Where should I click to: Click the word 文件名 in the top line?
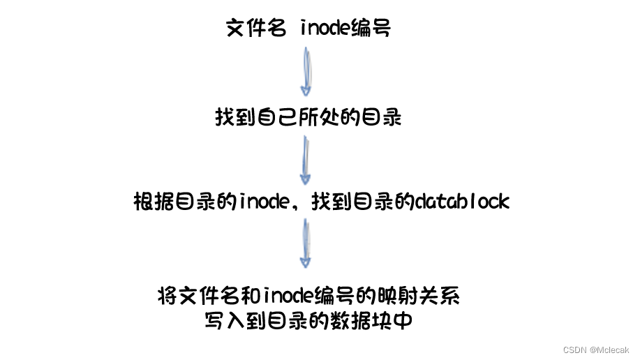[255, 29]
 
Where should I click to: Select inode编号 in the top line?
[345, 29]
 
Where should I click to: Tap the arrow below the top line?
[306, 71]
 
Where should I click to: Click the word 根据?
[154, 202]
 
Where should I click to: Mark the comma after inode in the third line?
[296, 205]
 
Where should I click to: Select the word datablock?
[462, 202]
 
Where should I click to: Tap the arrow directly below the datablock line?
[306, 243]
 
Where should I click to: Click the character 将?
[168, 296]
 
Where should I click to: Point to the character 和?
[252, 296]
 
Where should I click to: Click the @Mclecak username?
[609, 349]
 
